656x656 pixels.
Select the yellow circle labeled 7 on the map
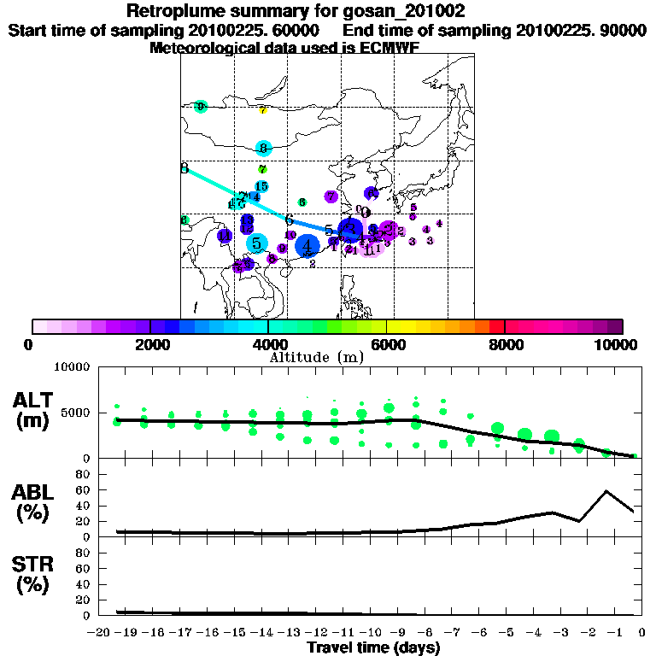coord(263,110)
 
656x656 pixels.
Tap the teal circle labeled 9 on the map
coord(201,107)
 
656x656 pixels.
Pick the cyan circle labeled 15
coord(261,186)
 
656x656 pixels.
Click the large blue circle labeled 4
coord(307,246)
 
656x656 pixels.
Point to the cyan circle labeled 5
coord(256,243)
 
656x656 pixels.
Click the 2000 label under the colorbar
coord(149,344)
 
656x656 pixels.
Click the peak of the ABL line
coord(606,490)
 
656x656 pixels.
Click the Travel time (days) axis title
coord(373,647)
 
